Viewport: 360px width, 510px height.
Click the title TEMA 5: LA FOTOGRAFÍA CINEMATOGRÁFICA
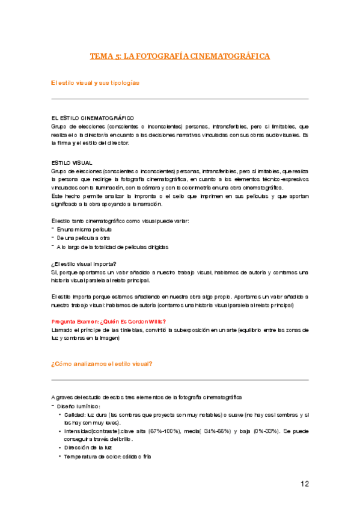coord(180,57)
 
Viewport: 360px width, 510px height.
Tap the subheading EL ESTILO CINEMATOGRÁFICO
coord(93,118)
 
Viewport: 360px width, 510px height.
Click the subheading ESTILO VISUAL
coord(72,162)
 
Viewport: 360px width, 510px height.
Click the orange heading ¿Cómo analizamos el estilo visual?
coord(102,363)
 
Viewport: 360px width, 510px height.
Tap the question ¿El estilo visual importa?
coord(84,264)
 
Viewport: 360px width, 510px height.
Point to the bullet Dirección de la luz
coord(89,448)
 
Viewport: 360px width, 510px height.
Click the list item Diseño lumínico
coord(79,406)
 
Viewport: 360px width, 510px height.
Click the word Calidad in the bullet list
coord(75,414)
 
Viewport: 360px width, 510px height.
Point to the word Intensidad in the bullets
coord(78,431)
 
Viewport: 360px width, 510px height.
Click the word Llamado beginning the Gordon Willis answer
coord(62,330)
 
